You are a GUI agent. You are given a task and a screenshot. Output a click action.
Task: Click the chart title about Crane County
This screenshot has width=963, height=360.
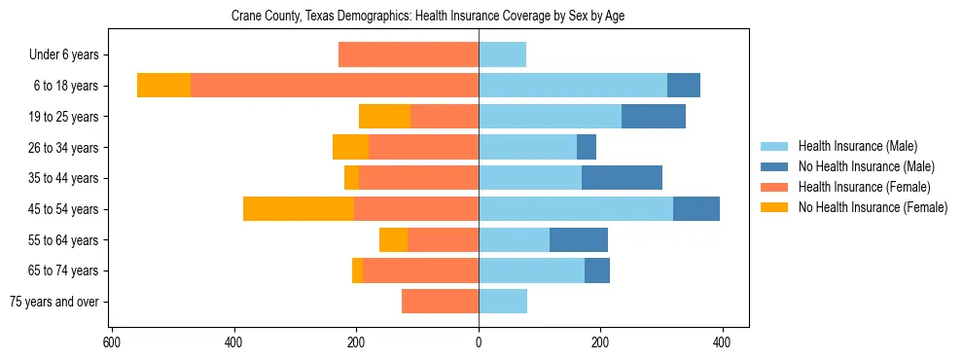(434, 17)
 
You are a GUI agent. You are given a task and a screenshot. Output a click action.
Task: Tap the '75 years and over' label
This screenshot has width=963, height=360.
(54, 302)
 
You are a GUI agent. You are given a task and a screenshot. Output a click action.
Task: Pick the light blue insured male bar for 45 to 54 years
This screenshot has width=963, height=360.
(575, 209)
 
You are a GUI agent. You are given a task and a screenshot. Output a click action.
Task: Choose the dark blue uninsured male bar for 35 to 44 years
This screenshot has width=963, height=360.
(622, 178)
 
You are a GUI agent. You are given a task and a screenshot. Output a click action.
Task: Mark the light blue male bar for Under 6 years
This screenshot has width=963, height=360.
(502, 54)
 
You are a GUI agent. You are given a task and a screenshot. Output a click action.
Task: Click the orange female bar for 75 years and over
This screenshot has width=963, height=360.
(440, 302)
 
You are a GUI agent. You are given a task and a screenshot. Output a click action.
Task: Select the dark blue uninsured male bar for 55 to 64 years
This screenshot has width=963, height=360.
(579, 239)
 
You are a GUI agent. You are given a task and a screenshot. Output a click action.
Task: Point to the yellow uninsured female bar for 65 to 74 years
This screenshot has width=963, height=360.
(357, 270)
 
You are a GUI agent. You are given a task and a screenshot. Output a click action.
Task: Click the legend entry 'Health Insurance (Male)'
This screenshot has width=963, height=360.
(857, 146)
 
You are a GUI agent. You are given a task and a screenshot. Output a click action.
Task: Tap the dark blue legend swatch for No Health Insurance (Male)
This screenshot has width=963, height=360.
(775, 166)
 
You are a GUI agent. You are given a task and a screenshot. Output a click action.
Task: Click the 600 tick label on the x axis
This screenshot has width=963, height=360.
(112, 342)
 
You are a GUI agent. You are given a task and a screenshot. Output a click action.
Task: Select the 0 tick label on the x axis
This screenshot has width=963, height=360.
(479, 342)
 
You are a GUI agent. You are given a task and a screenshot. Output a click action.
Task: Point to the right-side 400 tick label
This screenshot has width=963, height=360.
(722, 342)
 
